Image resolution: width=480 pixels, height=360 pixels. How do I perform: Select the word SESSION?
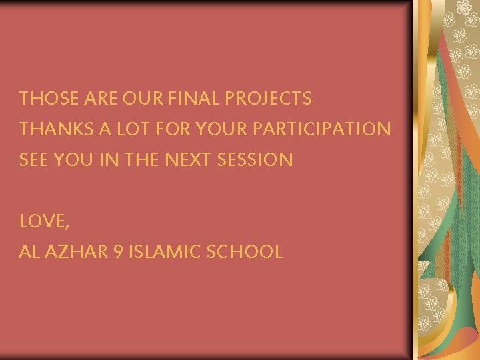tap(260, 160)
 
